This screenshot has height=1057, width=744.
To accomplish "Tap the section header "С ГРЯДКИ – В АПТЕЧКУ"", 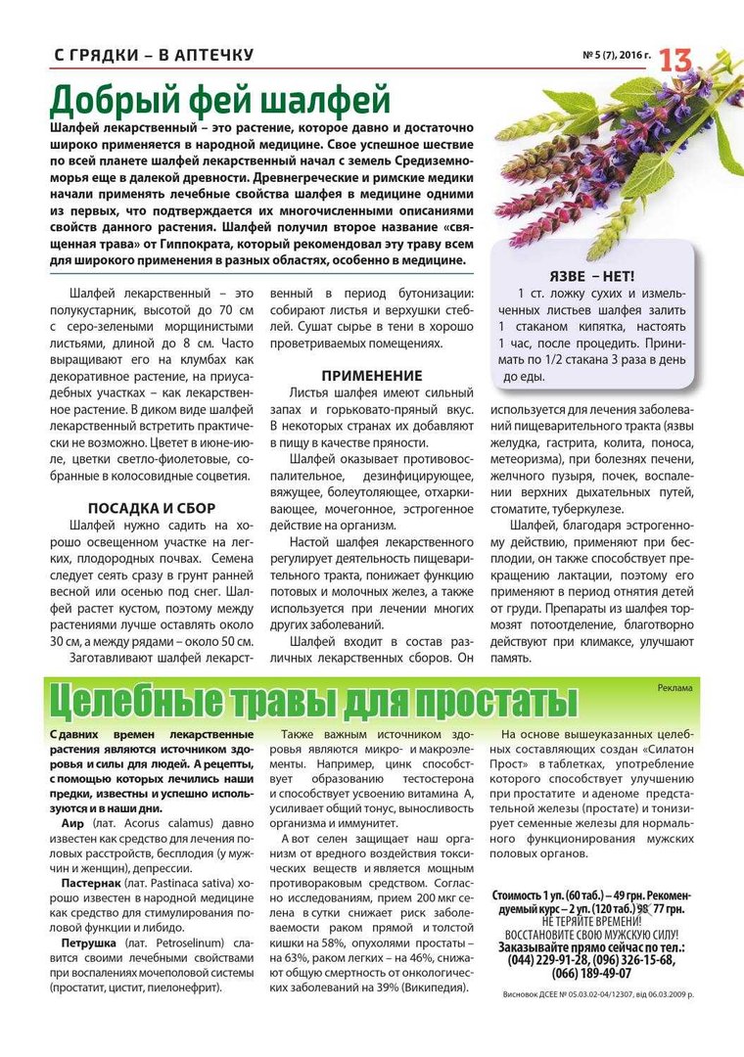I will point(154,55).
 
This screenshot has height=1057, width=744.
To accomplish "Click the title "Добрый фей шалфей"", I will point(220,100).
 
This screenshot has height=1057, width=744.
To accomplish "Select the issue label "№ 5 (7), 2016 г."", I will point(617,55).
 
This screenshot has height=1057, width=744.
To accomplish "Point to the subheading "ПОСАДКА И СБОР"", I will point(152,509).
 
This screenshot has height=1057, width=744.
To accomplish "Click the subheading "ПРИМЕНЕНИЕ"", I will point(372,376).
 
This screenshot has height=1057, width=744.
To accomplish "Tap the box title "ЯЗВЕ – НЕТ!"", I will point(590,276).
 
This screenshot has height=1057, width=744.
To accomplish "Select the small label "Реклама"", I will point(675,688).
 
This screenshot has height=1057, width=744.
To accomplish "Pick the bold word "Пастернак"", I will point(95,883).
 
